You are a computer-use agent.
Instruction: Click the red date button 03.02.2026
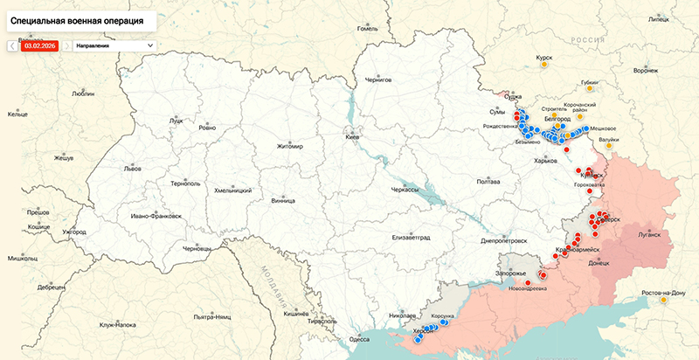[x=39, y=45]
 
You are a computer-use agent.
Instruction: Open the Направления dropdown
[x=114, y=45]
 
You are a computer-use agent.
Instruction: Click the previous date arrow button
[x=12, y=45]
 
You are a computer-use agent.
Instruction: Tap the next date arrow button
[x=66, y=45]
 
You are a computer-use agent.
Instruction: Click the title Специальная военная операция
[x=78, y=17]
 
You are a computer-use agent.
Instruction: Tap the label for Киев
[x=353, y=137]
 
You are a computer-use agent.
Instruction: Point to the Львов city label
[x=107, y=167]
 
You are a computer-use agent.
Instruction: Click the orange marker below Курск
[x=544, y=64]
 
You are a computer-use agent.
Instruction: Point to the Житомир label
[x=289, y=146]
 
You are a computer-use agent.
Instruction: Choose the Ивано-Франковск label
[x=156, y=216]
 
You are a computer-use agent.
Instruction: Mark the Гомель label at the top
[x=366, y=28]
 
